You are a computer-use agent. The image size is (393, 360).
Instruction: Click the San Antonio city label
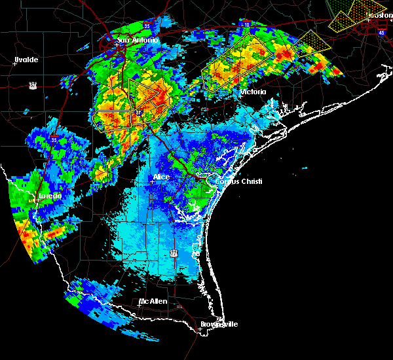(138, 41)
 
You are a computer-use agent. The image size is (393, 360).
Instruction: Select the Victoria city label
(253, 92)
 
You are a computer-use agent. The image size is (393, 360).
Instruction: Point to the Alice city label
(161, 177)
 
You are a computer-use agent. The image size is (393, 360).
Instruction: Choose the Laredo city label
(49, 196)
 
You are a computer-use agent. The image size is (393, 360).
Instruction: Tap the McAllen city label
(153, 301)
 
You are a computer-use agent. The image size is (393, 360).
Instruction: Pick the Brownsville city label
(219, 324)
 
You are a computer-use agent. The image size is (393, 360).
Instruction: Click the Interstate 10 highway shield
(246, 24)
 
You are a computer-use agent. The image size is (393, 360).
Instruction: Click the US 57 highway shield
(32, 85)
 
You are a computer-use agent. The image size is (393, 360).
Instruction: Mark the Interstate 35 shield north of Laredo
(54, 139)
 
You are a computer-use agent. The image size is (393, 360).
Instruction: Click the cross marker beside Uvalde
(14, 64)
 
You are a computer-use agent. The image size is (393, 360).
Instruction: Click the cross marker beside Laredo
(37, 200)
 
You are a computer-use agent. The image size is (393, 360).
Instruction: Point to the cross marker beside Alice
(151, 182)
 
